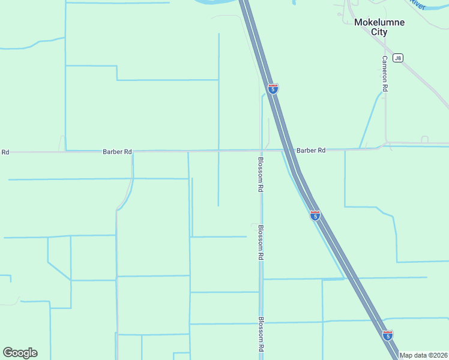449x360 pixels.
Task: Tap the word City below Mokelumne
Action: point(379,32)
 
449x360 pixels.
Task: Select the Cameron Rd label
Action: point(385,73)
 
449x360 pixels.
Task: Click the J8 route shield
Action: point(398,58)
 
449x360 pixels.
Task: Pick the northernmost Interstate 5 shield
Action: point(273,89)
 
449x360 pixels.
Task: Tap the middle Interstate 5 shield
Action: point(315,215)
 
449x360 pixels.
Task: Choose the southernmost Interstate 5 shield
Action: point(388,335)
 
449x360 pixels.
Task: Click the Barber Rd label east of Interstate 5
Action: point(310,150)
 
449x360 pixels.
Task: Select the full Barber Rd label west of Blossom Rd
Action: point(117,152)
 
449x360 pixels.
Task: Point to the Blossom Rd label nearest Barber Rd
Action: point(261,174)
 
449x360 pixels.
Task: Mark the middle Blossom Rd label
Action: point(261,242)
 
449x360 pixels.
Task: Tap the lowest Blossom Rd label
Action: point(261,334)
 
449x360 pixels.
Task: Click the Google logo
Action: point(20,353)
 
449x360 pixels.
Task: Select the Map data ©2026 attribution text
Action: point(423,355)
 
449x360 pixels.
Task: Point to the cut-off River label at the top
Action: point(417,4)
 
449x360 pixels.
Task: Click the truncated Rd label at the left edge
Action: point(5,152)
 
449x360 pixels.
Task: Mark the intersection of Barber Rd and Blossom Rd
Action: point(261,150)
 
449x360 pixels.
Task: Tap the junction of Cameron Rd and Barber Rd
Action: point(385,144)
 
